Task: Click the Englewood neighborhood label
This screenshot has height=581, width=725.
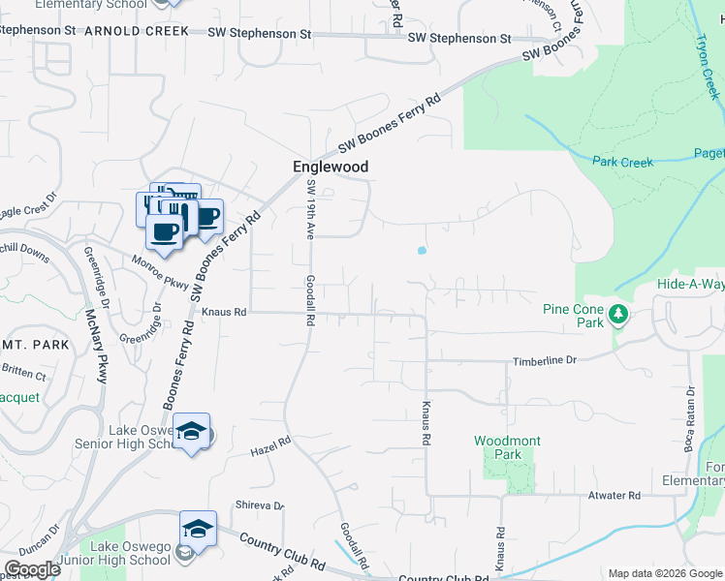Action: (x=331, y=167)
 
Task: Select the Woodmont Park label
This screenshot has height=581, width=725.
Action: (x=507, y=447)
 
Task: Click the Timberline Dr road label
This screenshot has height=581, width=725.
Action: (x=545, y=359)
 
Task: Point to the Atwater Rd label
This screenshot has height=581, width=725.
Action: (x=615, y=495)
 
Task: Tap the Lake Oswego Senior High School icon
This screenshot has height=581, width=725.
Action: (x=191, y=433)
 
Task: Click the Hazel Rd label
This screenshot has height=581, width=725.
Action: (x=270, y=446)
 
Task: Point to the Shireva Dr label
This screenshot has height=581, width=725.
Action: (x=261, y=505)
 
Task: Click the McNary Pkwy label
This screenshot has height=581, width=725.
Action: (x=97, y=345)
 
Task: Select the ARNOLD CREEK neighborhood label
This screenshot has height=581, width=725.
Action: (x=137, y=31)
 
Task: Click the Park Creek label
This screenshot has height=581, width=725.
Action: (x=622, y=162)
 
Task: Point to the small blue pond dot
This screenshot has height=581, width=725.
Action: (x=422, y=251)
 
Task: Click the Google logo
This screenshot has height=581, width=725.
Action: (x=32, y=569)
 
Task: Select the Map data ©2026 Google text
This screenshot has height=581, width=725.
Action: (x=664, y=572)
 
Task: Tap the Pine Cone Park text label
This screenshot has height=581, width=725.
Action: (x=573, y=310)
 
